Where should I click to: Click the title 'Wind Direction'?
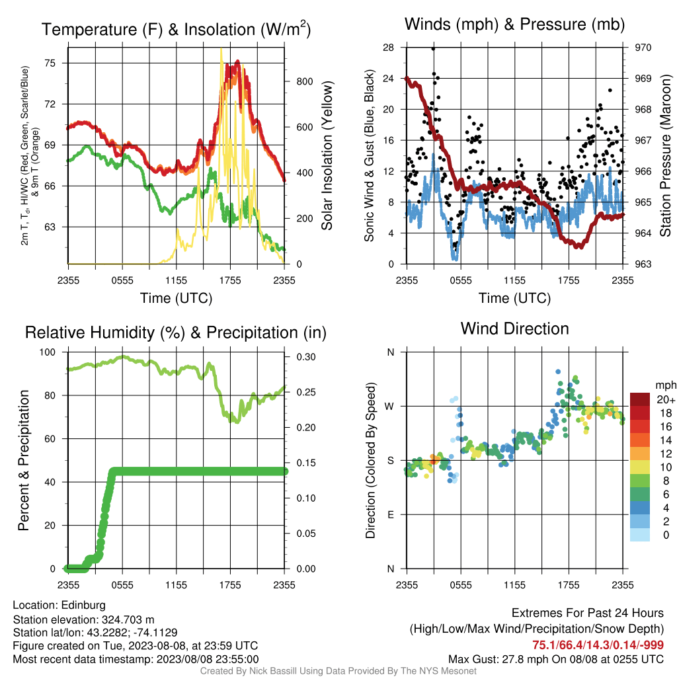tap(514, 329)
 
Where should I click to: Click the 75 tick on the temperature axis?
tap(50, 63)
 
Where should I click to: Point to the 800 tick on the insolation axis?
tap(304, 81)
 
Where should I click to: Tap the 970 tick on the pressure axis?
tap(643, 48)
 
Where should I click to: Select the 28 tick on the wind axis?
tap(389, 48)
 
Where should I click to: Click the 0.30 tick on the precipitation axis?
tap(306, 356)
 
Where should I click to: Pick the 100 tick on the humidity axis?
tap(48, 352)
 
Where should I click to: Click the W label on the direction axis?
tap(389, 407)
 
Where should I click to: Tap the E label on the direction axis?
tap(390, 514)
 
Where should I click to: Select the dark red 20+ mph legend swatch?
tap(640, 399)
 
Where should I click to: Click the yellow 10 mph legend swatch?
tap(640, 467)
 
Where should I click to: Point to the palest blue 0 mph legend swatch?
tap(640, 534)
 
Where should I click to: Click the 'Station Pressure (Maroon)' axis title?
tap(665, 155)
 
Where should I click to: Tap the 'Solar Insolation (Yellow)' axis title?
tap(327, 155)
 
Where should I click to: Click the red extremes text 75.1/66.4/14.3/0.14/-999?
tap(598, 645)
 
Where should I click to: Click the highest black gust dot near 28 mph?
tap(433, 49)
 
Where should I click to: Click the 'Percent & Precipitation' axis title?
tap(24, 460)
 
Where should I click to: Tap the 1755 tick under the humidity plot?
tap(230, 585)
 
